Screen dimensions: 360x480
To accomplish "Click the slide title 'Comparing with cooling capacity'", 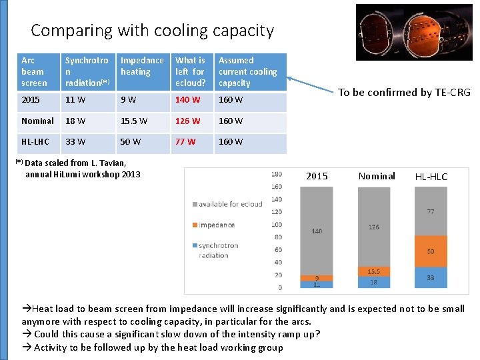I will point(152,31).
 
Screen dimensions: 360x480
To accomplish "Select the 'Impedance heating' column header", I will point(141,66).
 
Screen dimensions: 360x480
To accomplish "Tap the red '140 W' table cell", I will point(187,100).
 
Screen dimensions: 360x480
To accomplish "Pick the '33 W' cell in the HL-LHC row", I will point(74,141).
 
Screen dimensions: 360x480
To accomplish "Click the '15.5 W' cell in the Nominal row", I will point(134,121).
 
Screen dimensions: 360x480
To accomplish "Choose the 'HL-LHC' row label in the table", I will point(33,141).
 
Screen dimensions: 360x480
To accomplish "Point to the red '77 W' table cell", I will point(185,141).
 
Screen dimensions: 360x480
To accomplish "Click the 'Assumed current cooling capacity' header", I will point(247,71).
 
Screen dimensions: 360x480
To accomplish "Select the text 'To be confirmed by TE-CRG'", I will point(404,93).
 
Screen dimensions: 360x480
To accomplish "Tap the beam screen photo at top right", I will point(413,32).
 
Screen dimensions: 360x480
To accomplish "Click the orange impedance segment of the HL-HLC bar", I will point(431,251).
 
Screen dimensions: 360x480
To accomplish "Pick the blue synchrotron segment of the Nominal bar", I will point(373,282).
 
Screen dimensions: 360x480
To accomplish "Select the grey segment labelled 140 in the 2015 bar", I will point(317,231).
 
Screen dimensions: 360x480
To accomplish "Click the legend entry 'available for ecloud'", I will point(231,204).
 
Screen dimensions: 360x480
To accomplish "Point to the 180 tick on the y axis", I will point(276,175).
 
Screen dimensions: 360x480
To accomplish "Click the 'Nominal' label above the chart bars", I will point(377,176).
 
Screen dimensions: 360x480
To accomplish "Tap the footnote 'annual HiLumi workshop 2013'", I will point(83,175).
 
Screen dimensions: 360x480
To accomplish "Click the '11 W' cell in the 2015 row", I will point(74,100).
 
